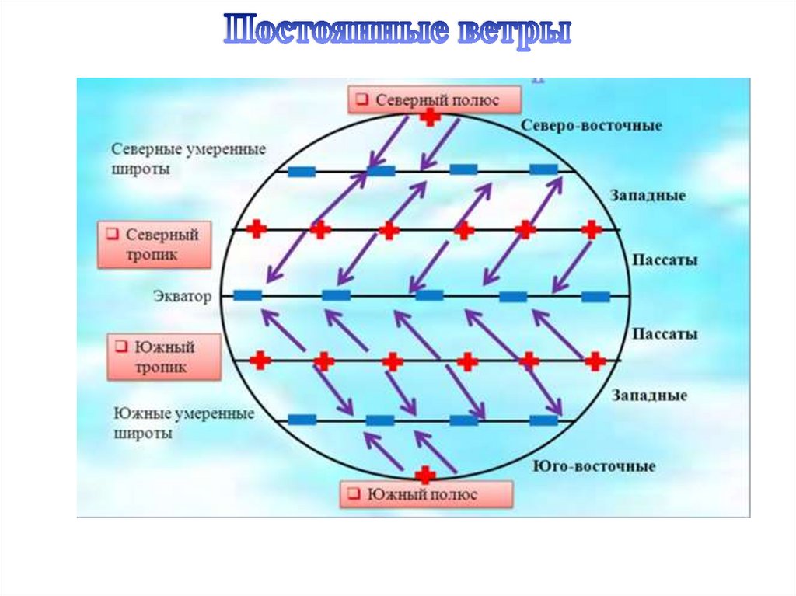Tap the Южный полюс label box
pos(426,494)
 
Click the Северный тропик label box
pos(154,244)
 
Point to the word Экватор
pos(183,296)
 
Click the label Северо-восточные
pos(591,125)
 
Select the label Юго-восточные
pos(594,466)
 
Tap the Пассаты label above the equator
pos(664,260)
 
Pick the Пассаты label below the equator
pos(664,334)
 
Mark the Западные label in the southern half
pos(650,396)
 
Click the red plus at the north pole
pos(429,117)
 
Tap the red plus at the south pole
pos(424,475)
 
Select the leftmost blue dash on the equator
pos(247,295)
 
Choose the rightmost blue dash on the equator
pos(596,296)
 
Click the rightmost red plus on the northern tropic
pos(592,229)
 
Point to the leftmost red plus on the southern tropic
pos(261,361)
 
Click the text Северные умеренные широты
pos(189,159)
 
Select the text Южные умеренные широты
pos(184,423)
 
